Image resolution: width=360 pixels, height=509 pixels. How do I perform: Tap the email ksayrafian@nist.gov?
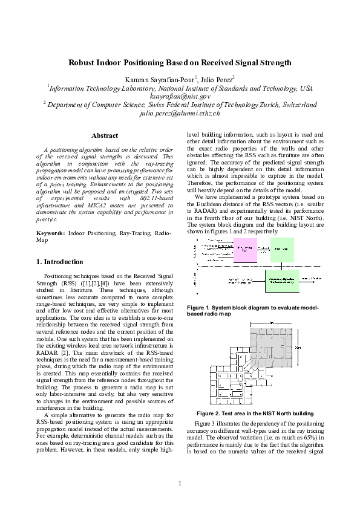tap(180, 96)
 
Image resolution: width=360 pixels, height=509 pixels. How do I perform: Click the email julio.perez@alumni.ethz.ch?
tap(180, 112)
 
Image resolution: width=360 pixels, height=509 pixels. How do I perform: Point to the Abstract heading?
tap(103, 135)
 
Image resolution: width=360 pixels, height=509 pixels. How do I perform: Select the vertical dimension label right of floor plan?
tap(314, 349)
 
